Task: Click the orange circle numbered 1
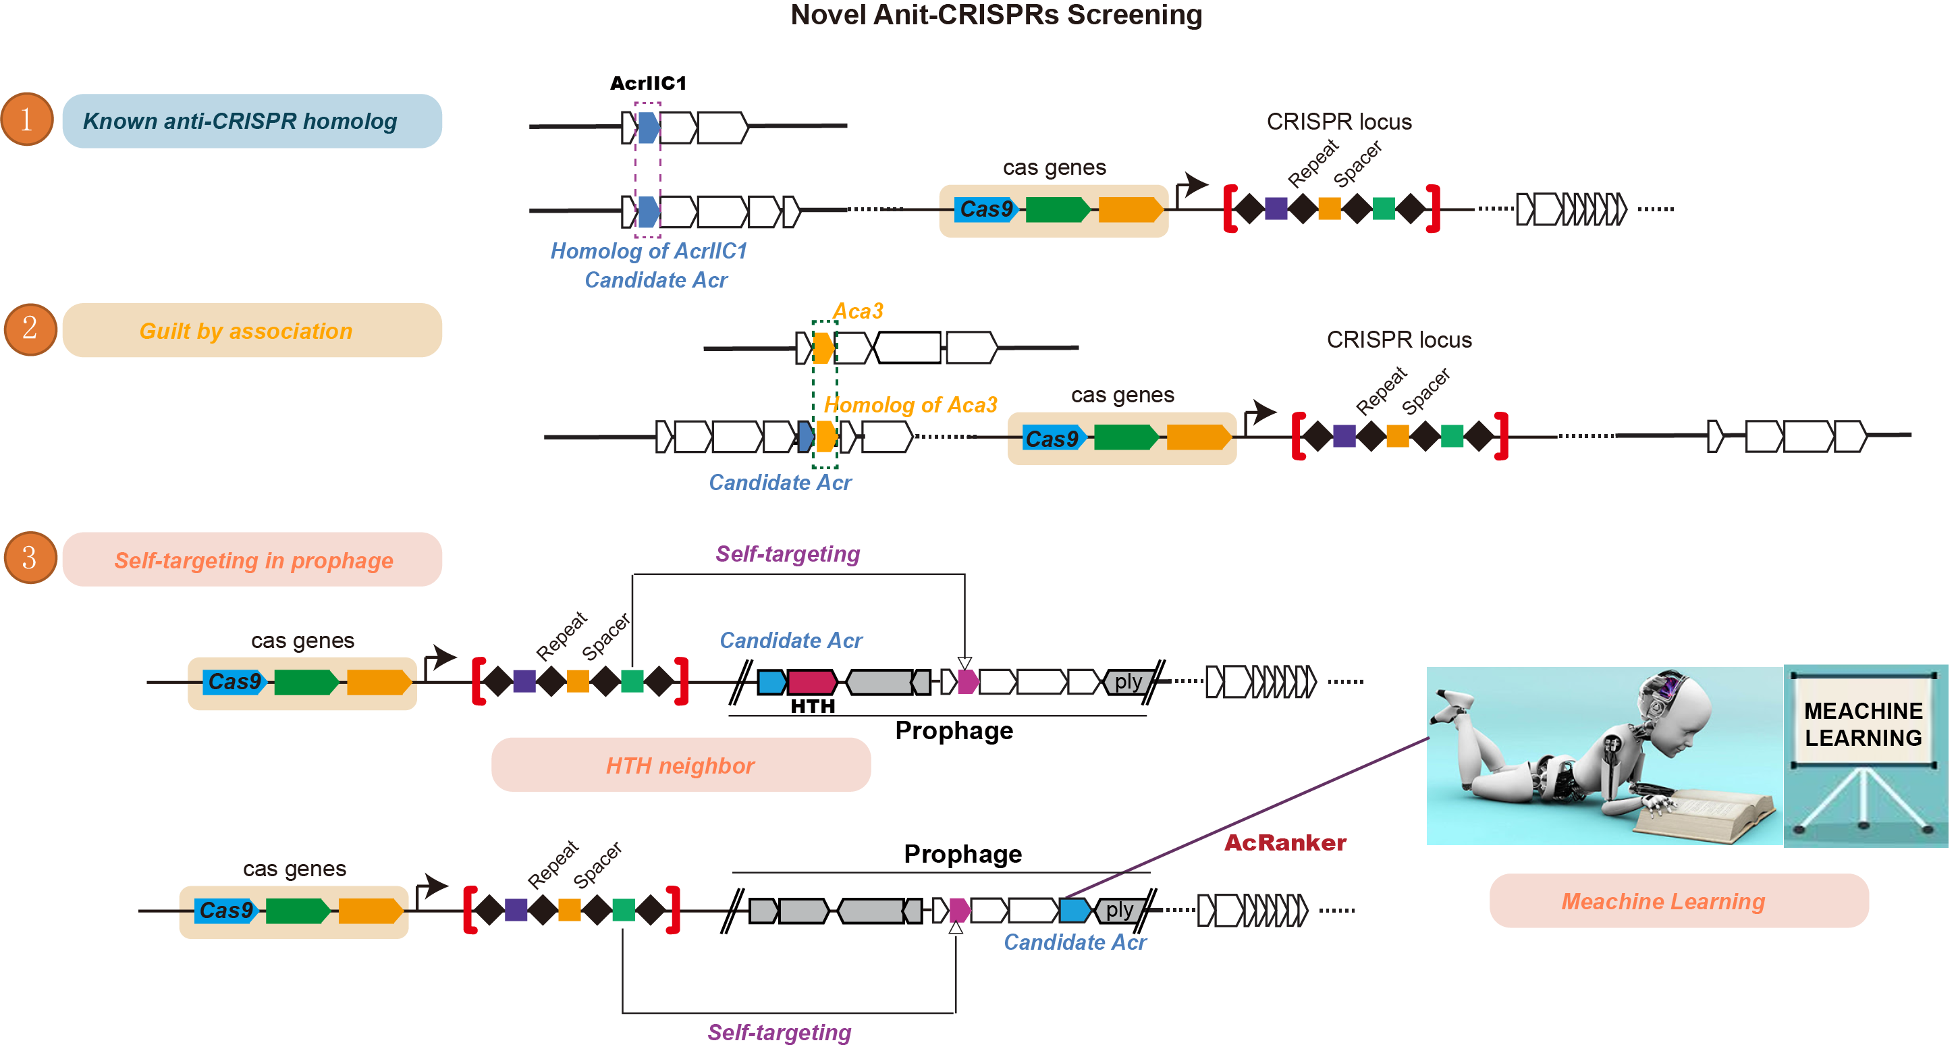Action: point(28,119)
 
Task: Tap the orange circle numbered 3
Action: point(30,558)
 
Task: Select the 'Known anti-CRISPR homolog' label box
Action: point(252,121)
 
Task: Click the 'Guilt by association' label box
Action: point(252,331)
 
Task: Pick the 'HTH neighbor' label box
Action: point(680,765)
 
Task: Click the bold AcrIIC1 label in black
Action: point(647,83)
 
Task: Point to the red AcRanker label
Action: point(1284,842)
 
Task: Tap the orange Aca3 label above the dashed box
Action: point(857,311)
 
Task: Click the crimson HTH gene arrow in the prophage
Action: point(812,681)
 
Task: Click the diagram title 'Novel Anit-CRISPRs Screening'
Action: point(996,16)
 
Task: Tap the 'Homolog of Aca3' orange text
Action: point(910,404)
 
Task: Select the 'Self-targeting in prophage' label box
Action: point(252,560)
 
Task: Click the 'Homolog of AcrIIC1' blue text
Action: point(649,251)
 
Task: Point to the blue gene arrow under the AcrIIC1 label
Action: point(647,128)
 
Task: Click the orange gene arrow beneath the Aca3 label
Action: point(823,348)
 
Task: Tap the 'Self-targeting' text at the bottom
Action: point(779,1031)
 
